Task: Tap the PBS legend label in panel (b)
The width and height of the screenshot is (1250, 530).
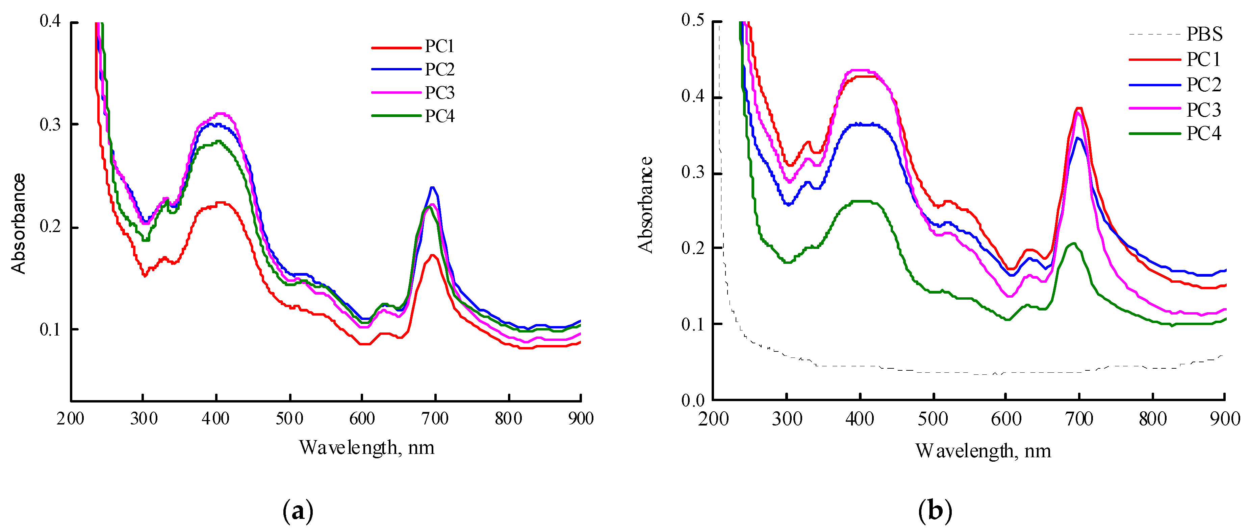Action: [x=1204, y=34]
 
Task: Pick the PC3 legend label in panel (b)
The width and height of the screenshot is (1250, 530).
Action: [x=1203, y=110]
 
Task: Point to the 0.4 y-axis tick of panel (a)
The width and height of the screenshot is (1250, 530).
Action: [x=50, y=21]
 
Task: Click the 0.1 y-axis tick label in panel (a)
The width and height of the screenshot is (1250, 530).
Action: [x=50, y=330]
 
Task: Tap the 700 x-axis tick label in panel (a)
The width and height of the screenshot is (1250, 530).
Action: [x=435, y=418]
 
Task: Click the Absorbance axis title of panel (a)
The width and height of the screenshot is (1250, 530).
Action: [x=19, y=224]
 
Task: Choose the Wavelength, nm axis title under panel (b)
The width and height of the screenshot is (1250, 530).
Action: [x=983, y=451]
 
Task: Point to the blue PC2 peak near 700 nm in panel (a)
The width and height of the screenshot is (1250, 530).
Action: [x=432, y=187]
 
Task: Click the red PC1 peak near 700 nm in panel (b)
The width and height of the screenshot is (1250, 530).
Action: [x=1079, y=108]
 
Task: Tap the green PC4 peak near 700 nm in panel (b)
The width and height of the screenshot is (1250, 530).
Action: [x=1073, y=244]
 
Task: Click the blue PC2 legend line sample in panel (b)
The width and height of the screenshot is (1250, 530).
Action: [x=1154, y=85]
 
